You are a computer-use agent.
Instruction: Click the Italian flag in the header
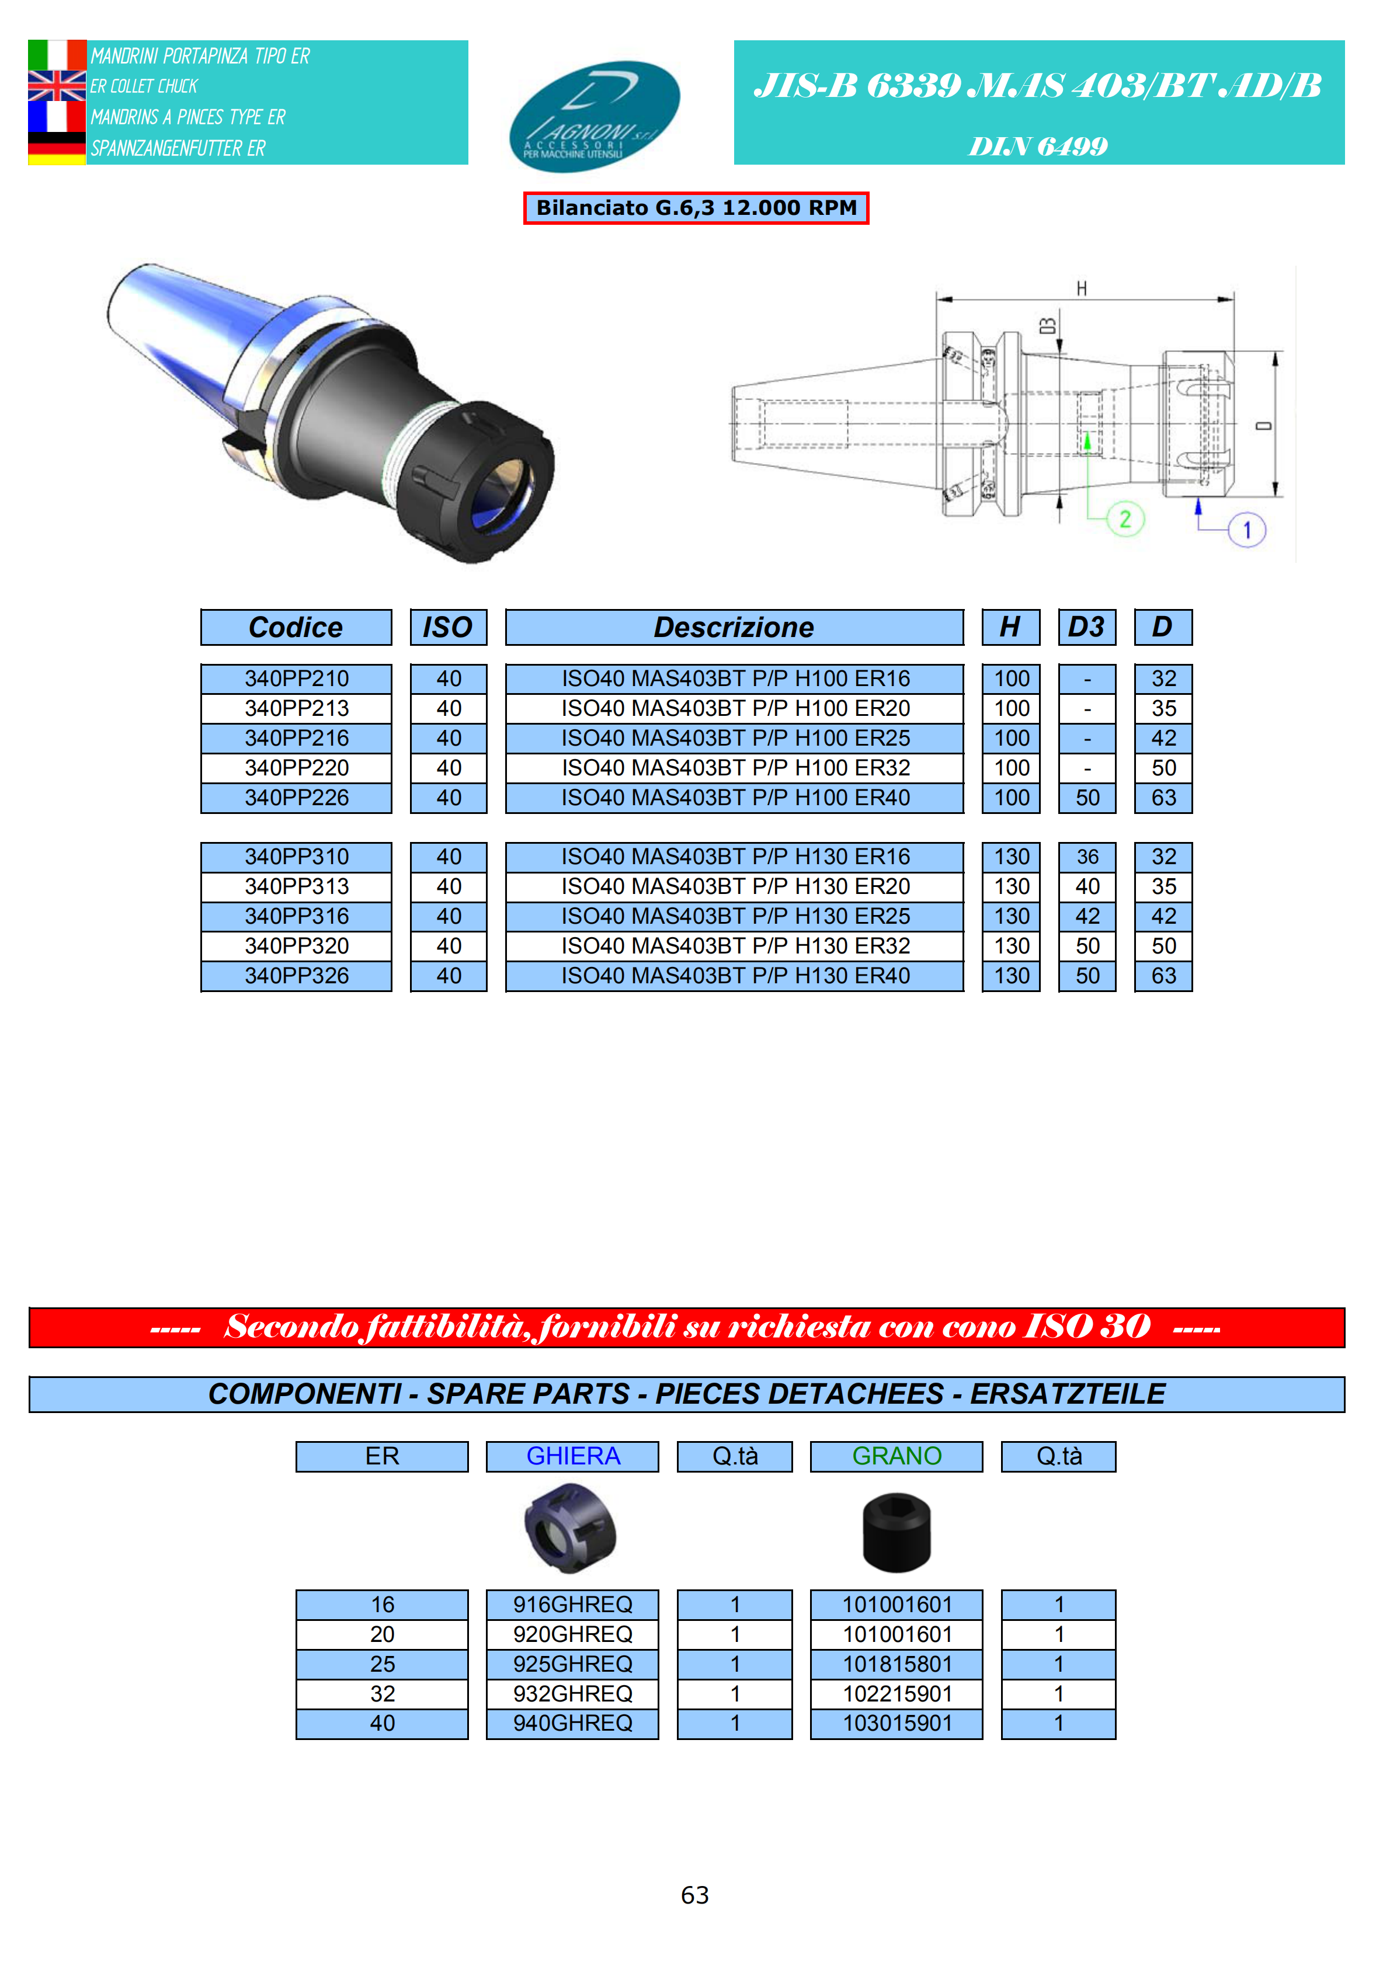pos(57,55)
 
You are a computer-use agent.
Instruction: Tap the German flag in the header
pos(57,149)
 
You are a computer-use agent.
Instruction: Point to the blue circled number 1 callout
pos(1246,530)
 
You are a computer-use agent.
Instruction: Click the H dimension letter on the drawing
pos(1082,288)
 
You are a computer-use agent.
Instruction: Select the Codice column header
pos(296,628)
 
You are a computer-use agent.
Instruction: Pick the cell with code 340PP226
pos(296,798)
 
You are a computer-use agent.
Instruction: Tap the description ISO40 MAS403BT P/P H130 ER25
pos(735,916)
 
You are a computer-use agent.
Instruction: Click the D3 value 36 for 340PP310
pos(1087,857)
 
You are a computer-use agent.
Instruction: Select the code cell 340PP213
pos(296,709)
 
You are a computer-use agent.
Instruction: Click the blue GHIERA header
pos(572,1456)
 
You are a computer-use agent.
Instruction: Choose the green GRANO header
pos(896,1456)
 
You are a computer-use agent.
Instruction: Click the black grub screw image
pos(896,1533)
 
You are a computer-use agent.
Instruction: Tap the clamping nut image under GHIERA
pos(571,1529)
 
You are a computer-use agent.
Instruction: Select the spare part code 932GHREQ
pos(572,1694)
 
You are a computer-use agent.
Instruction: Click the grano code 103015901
pos(896,1724)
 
